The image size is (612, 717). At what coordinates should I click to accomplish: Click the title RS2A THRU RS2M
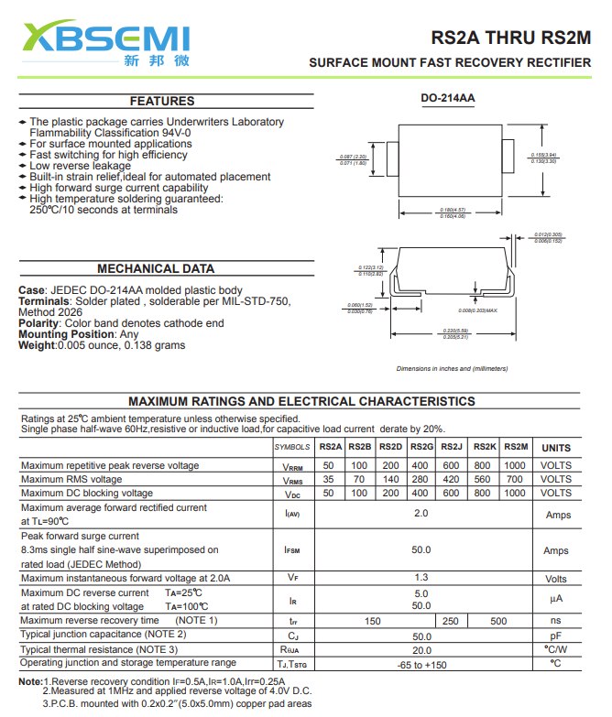coord(511,38)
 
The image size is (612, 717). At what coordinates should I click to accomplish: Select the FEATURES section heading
coord(162,101)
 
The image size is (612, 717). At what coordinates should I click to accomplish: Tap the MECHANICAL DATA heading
coord(156,268)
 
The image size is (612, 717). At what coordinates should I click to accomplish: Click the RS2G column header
coord(421,447)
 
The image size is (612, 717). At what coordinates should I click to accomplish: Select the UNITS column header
coord(555,448)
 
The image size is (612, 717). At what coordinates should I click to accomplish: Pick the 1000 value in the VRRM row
coord(515,465)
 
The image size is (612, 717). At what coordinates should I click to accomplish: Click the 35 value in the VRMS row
coord(329,479)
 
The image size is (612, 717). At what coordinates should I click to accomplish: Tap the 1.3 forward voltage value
coord(421,578)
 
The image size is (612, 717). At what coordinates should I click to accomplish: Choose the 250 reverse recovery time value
coord(451,621)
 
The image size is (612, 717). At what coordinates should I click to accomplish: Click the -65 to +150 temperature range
coord(421,664)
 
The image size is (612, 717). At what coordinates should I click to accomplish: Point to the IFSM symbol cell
coord(292,550)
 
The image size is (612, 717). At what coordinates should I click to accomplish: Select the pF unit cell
coord(555,636)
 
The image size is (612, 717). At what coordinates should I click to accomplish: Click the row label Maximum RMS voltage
coord(71,479)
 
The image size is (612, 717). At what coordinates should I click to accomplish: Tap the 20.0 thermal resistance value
coord(421,649)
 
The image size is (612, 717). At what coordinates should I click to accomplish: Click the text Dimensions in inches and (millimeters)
coord(452,368)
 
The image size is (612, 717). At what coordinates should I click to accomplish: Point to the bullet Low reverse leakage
coord(80,166)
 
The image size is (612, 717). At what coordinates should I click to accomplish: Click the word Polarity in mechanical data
coord(38,323)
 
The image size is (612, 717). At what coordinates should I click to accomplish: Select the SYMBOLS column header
coord(292,447)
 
